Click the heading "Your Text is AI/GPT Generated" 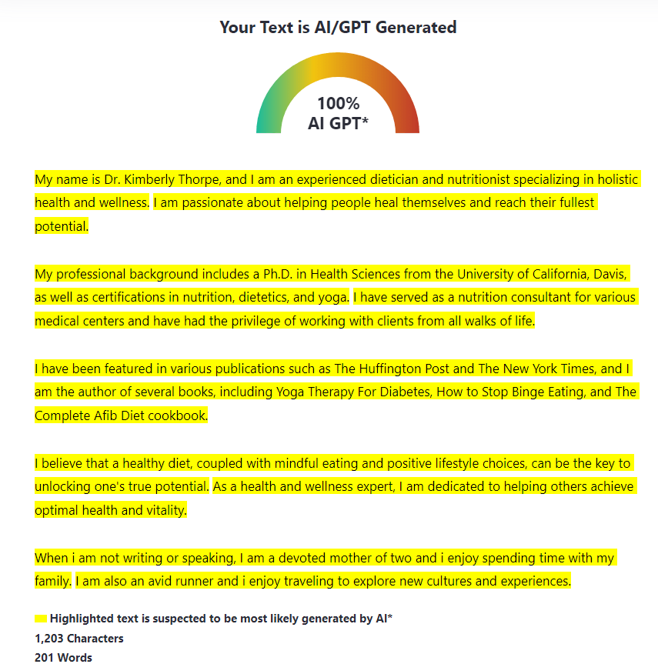click(x=338, y=28)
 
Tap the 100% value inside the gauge click(x=338, y=104)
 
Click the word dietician click(x=393, y=180)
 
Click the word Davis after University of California click(x=613, y=274)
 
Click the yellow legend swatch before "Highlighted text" click(x=41, y=619)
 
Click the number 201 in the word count click(x=44, y=658)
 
